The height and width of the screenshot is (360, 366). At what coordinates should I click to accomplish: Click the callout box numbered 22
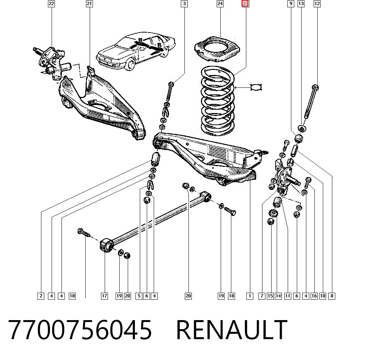tap(51, 4)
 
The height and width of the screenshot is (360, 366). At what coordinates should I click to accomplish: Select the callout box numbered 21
tap(89, 4)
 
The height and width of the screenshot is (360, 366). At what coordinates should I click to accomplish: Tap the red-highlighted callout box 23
tap(245, 4)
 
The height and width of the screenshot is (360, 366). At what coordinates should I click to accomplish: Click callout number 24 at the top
tap(220, 4)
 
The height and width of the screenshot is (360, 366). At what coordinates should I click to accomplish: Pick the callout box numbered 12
tap(317, 4)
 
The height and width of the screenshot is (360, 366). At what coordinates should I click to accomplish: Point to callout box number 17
tap(104, 296)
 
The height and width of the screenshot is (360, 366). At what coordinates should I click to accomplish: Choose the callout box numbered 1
tap(250, 296)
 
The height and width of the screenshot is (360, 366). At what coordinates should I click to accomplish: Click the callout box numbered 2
tap(41, 296)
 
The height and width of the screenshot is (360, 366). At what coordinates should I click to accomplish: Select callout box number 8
tap(332, 296)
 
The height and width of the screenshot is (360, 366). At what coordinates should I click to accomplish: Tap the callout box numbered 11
tap(288, 296)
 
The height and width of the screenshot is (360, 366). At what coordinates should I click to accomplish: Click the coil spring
tap(217, 100)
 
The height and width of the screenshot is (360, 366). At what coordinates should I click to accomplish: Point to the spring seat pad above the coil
tap(217, 49)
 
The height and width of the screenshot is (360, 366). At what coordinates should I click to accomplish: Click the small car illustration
tap(136, 51)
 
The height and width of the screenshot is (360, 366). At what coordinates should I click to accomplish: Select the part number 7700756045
tap(80, 330)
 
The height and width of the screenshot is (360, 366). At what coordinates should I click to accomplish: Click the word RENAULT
tap(232, 330)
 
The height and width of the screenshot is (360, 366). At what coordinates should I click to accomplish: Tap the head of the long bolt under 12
tap(315, 88)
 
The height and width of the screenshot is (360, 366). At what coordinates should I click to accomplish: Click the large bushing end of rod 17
tap(107, 245)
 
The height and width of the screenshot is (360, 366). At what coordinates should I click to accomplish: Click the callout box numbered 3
tap(184, 4)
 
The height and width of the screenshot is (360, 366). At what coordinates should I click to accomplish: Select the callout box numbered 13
tap(301, 4)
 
